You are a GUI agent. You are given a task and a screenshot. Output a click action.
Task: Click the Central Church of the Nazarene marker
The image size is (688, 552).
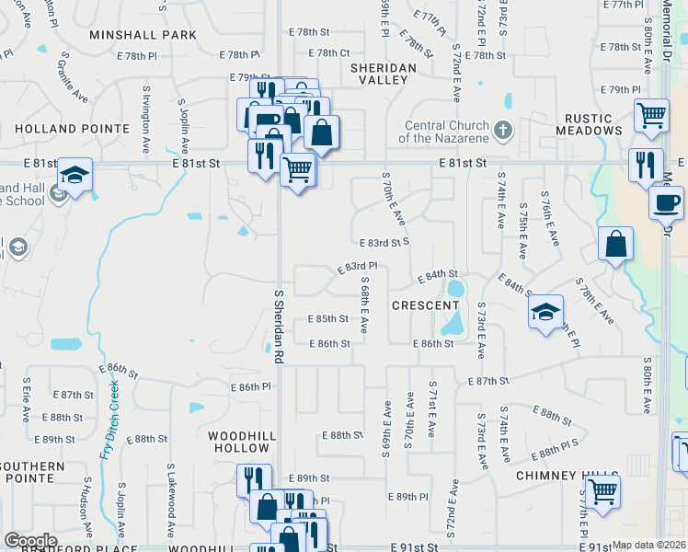[502, 131]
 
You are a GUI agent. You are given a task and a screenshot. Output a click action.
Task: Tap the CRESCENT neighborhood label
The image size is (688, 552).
[425, 305]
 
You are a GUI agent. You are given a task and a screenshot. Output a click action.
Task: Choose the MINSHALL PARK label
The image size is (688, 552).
[143, 35]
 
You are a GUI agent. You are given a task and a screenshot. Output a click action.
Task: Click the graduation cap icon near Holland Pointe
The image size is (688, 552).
[74, 175]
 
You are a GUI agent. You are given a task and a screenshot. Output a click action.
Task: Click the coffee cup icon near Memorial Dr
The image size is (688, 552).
[666, 201]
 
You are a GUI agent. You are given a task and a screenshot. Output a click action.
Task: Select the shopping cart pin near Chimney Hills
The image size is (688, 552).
[602, 490]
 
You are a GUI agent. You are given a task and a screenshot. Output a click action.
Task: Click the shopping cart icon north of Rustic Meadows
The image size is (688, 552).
[651, 115]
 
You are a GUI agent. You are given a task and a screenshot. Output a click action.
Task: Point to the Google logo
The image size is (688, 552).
[30, 541]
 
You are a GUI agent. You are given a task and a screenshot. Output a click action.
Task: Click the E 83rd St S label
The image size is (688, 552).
[382, 242]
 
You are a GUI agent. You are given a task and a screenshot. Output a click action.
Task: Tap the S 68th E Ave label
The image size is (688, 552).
[365, 305]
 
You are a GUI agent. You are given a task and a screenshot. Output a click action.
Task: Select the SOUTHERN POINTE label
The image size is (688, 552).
[32, 473]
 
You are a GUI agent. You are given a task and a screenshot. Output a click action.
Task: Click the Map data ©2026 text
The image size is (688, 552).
[648, 545]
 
